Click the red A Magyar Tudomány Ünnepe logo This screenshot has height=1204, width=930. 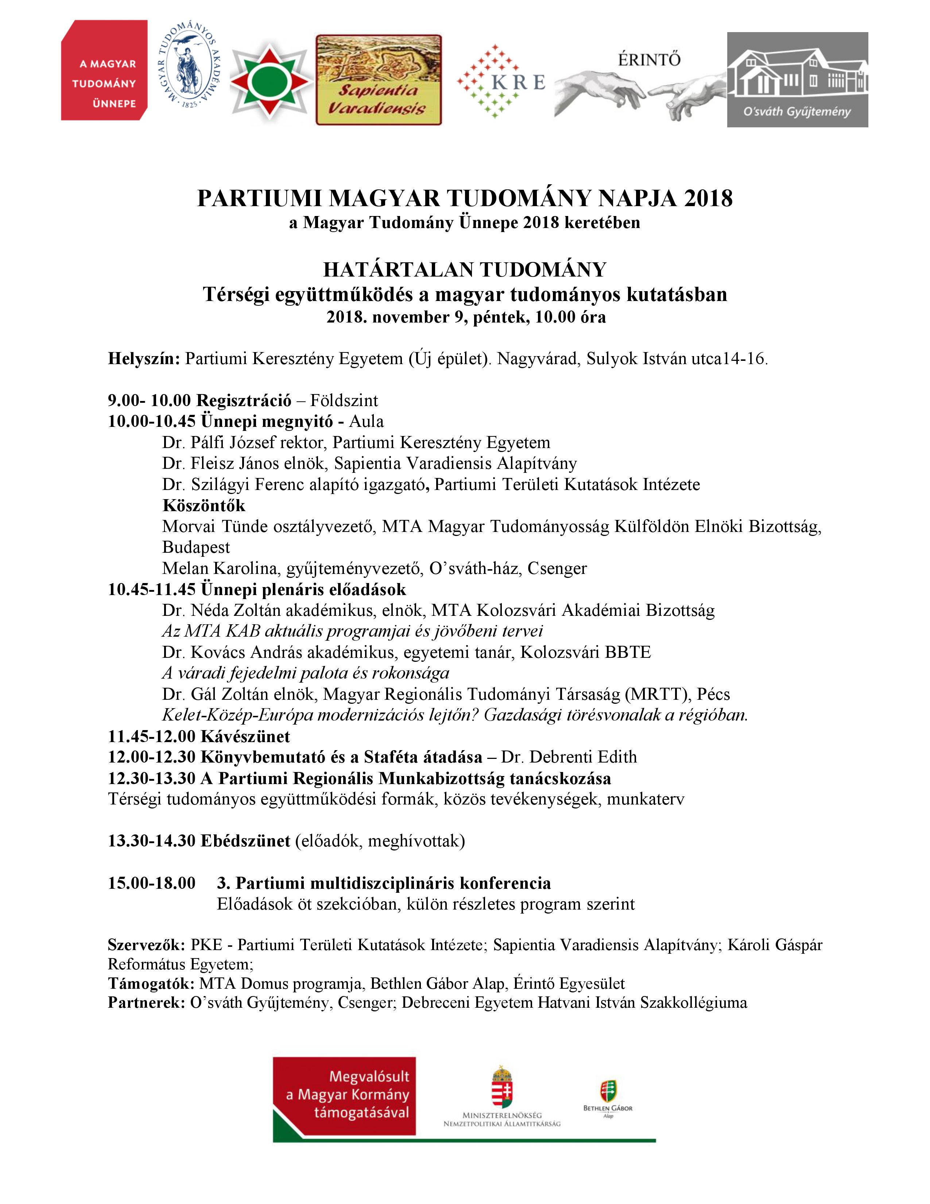[104, 70]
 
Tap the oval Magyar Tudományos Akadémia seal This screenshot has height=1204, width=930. [189, 65]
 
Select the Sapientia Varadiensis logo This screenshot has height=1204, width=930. [379, 80]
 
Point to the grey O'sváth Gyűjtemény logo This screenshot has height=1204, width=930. [797, 80]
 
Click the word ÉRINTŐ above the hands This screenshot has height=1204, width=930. [649, 59]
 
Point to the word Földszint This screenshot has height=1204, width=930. [344, 400]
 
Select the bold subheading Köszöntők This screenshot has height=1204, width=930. [204, 506]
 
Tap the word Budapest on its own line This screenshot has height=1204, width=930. [196, 547]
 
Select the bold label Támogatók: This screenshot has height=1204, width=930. [151, 984]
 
